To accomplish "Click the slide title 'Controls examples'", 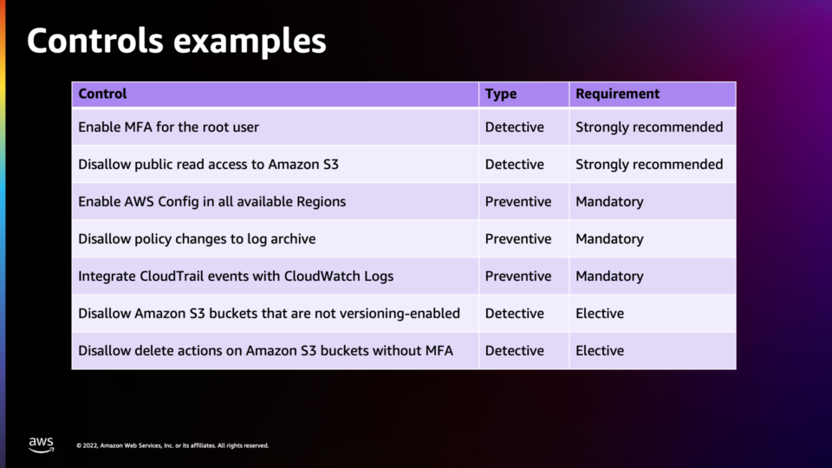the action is pyautogui.click(x=176, y=41).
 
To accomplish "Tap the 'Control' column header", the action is pyautogui.click(x=102, y=94).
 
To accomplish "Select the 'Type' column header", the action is pyautogui.click(x=500, y=94).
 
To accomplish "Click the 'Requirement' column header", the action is pyautogui.click(x=618, y=94).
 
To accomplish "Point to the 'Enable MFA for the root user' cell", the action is pyautogui.click(x=168, y=127).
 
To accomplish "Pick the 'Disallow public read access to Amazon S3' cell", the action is pyautogui.click(x=208, y=165).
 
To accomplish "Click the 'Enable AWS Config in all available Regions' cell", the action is pyautogui.click(x=211, y=202).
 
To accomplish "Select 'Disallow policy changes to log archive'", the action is pyautogui.click(x=197, y=239).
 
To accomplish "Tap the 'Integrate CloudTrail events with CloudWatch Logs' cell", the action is pyautogui.click(x=236, y=276).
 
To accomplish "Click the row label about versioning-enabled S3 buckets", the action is pyautogui.click(x=269, y=313).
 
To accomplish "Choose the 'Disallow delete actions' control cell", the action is pyautogui.click(x=265, y=350).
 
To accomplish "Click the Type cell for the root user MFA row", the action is pyautogui.click(x=514, y=127).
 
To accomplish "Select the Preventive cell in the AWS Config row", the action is pyautogui.click(x=518, y=202).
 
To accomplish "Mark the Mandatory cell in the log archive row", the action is pyautogui.click(x=609, y=239).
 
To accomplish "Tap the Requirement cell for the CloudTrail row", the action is pyautogui.click(x=609, y=276).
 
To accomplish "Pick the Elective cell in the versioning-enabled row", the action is pyautogui.click(x=600, y=313).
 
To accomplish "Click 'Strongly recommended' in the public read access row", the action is pyautogui.click(x=649, y=165).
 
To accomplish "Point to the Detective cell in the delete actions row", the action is pyautogui.click(x=514, y=350).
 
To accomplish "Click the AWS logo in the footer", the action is pyautogui.click(x=42, y=445).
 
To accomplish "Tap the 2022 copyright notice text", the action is pyautogui.click(x=172, y=445).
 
